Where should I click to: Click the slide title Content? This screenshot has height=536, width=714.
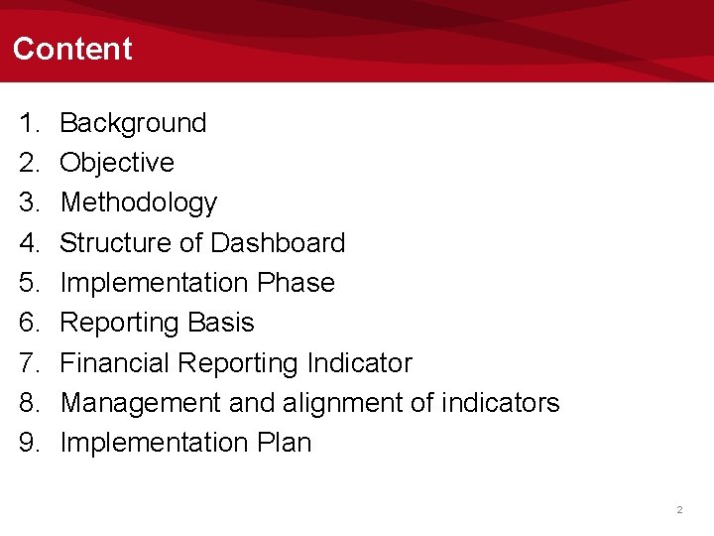[x=72, y=49]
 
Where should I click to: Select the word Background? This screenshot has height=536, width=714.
[x=133, y=123]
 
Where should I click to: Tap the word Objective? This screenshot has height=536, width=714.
[x=117, y=163]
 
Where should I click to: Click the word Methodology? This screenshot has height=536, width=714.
[x=139, y=202]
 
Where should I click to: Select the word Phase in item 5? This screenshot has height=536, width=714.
[x=296, y=283]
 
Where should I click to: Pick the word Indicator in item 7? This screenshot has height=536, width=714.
[x=358, y=363]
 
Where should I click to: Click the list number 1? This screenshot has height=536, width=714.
[x=28, y=123]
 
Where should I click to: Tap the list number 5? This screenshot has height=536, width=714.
[x=28, y=283]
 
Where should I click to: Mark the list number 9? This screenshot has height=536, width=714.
[x=28, y=443]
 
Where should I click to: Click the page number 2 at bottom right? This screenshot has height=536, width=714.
[x=679, y=509]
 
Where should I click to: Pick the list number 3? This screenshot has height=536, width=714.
[x=28, y=202]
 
